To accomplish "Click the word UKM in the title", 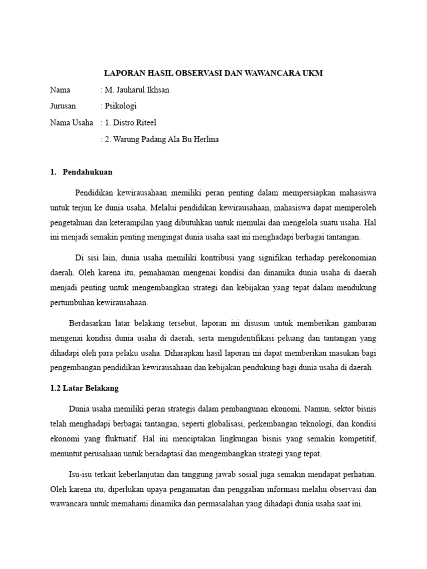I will click(x=311, y=73).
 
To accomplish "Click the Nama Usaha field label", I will click(x=72, y=123).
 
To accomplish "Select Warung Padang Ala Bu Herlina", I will click(x=161, y=139).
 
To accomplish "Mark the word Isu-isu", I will click(x=81, y=475).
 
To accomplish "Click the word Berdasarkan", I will click(x=91, y=322).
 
